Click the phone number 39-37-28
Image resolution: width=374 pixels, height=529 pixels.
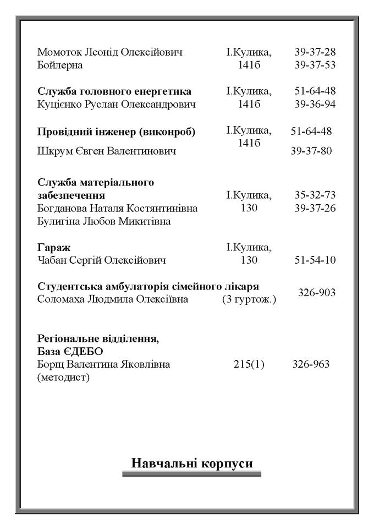(x=315, y=52)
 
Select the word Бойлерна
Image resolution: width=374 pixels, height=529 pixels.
(x=60, y=66)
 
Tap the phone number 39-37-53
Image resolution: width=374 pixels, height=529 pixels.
(x=315, y=66)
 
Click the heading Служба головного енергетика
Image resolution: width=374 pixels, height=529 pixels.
(x=114, y=91)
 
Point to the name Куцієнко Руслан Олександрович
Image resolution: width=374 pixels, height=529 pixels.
(x=117, y=104)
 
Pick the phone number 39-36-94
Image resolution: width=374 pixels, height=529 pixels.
(x=315, y=104)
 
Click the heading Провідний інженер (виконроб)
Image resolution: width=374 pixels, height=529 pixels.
(x=117, y=132)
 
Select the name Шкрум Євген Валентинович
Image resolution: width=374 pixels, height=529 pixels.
(x=107, y=151)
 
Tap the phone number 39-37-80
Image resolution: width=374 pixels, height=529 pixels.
(x=311, y=151)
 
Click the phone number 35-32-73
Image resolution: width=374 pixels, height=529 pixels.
(x=315, y=195)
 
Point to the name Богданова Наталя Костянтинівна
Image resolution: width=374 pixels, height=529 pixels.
(x=118, y=208)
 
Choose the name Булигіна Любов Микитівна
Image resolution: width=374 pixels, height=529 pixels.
(x=104, y=221)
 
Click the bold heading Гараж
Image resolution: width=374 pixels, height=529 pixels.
(x=54, y=247)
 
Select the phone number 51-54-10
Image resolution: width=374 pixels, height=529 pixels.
(x=315, y=260)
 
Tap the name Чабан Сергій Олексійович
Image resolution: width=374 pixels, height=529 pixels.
(x=102, y=260)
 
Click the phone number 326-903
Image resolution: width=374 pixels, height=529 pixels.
(x=316, y=292)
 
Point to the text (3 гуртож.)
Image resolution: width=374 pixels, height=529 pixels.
(x=249, y=299)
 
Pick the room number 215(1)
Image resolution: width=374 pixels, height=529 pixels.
(x=249, y=364)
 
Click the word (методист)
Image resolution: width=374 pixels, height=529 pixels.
(x=63, y=377)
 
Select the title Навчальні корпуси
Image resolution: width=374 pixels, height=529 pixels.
(x=192, y=463)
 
